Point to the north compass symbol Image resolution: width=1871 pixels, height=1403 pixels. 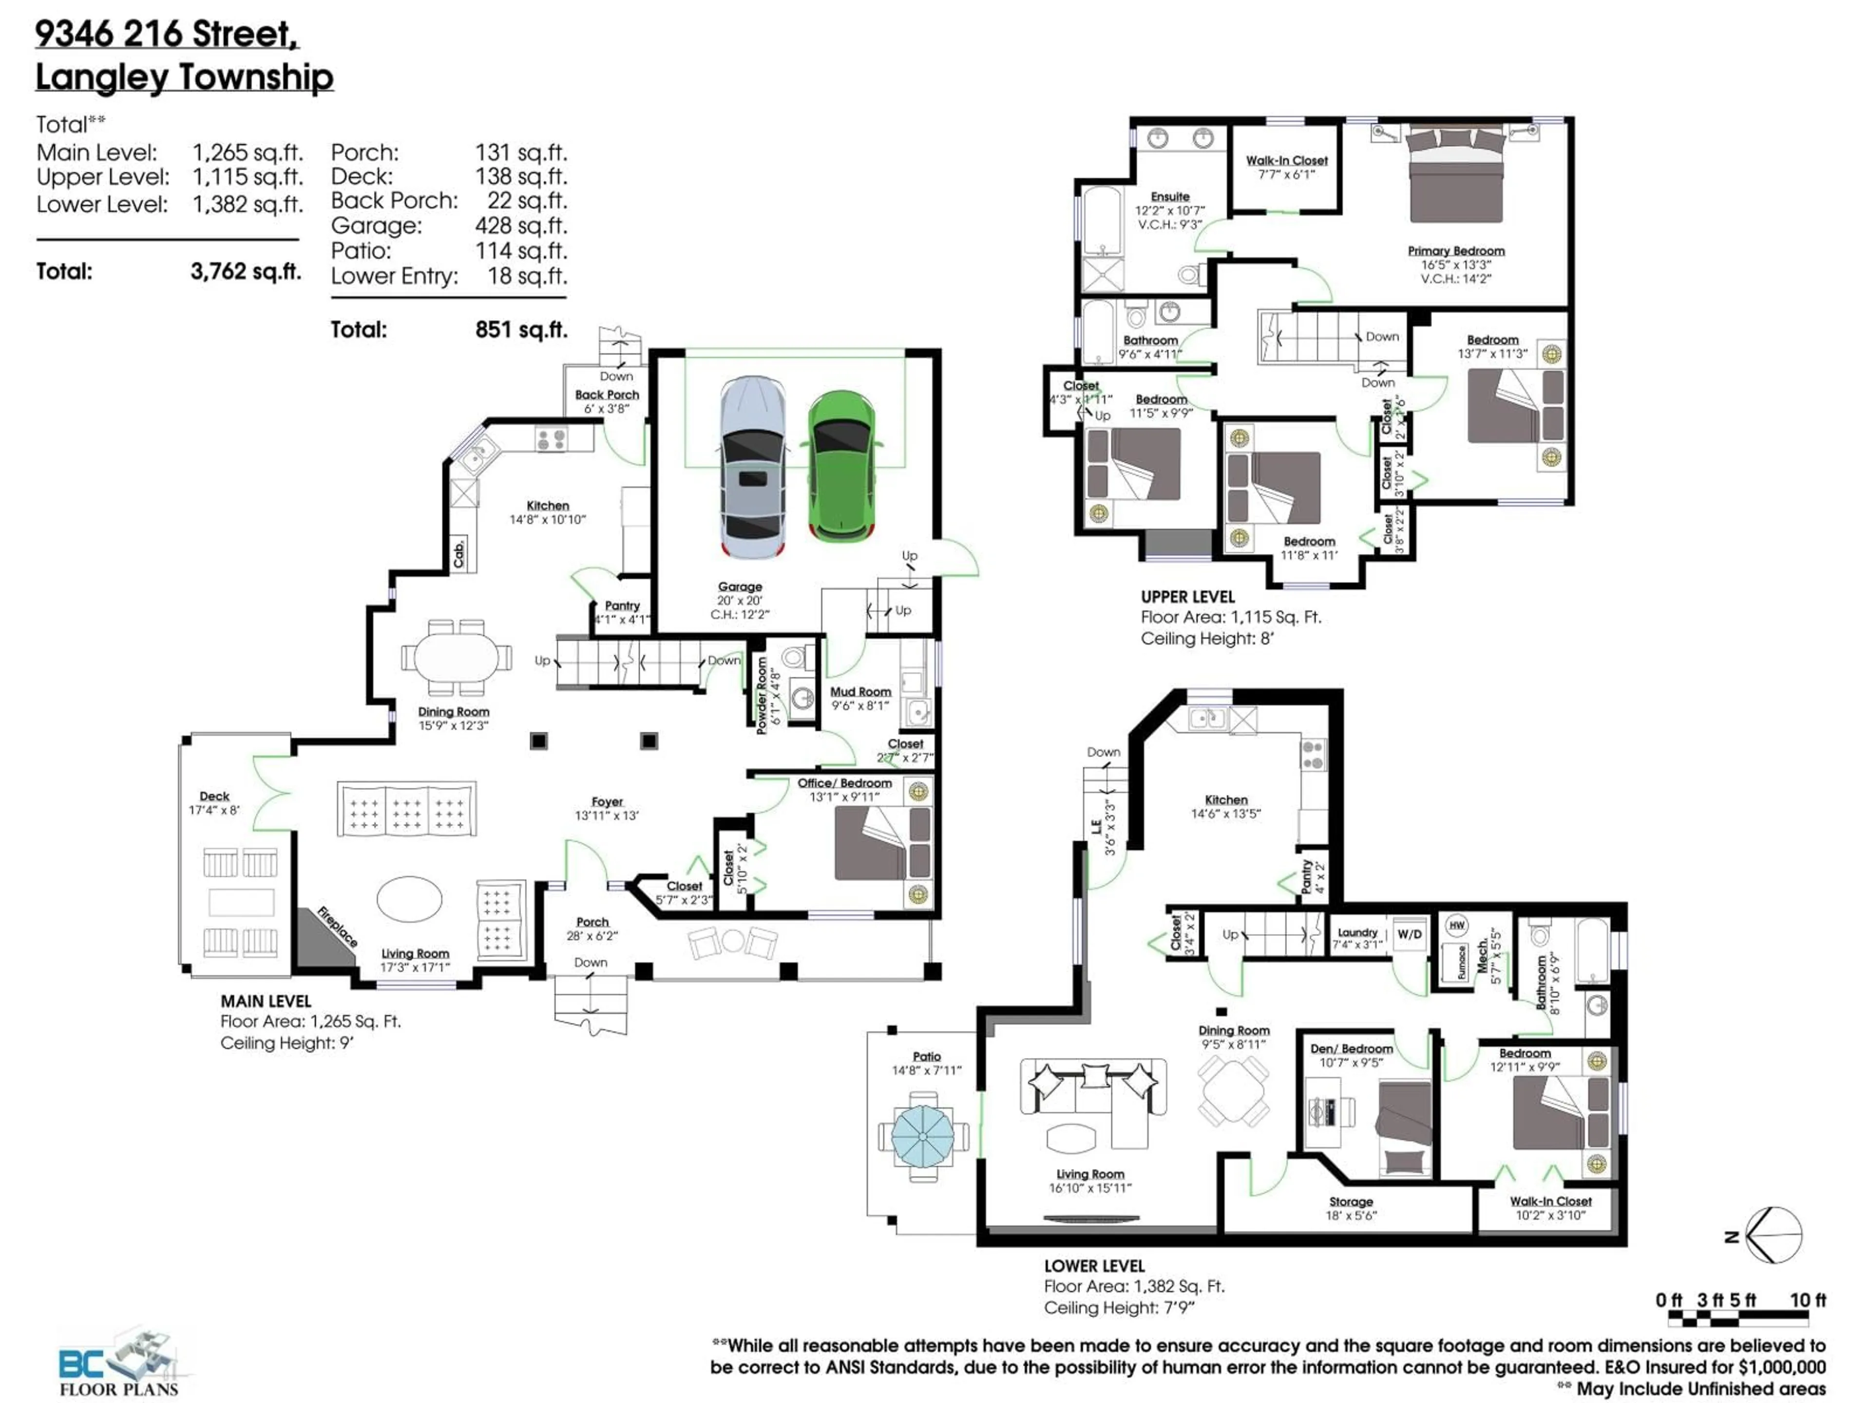[1773, 1235]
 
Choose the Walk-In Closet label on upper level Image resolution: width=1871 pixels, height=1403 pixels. [1286, 161]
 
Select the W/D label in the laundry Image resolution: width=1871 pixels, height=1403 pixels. [1409, 934]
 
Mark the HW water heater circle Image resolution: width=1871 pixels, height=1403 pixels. [1456, 925]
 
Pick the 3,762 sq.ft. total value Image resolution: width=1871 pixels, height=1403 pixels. [245, 271]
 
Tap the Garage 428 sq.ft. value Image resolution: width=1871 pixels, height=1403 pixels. [520, 226]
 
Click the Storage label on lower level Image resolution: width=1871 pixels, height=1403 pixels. [1351, 1202]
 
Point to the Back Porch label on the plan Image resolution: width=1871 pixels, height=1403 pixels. [607, 395]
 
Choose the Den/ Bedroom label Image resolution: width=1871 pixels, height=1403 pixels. [1351, 1049]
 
